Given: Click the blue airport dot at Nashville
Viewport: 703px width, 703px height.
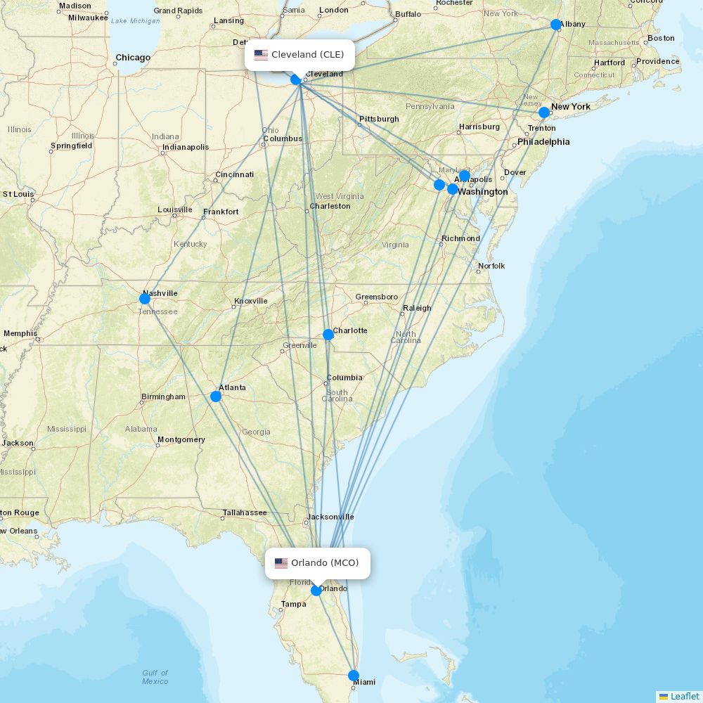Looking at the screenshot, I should [145, 299].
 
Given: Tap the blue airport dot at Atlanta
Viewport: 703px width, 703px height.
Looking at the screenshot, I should [216, 396].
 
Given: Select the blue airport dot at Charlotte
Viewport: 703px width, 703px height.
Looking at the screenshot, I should [328, 335].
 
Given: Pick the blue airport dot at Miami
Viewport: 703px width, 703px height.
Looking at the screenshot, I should [354, 676].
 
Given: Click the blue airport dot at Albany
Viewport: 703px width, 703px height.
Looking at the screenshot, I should [556, 25].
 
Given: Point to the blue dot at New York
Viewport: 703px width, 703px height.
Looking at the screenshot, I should [544, 112].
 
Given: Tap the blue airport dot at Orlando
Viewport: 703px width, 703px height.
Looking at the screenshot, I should [316, 591].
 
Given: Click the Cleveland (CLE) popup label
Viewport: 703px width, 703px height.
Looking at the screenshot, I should [300, 55].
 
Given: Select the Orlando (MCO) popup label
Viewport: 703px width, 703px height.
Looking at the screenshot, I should [318, 563].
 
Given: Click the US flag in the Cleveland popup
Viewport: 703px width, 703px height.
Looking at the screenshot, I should [262, 55].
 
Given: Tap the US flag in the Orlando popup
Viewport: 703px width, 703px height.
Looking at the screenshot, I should [281, 563].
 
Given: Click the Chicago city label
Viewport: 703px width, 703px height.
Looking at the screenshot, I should [133, 58].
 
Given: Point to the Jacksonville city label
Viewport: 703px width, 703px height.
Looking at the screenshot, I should [330, 517].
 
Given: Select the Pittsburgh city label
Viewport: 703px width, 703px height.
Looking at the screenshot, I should [379, 119].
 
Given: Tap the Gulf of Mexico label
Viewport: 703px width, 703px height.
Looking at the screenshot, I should [155, 677].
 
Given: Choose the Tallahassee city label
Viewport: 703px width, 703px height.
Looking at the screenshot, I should [245, 512].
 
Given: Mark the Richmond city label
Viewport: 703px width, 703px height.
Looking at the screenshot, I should [460, 238].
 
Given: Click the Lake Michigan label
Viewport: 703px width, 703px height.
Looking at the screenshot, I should [135, 21].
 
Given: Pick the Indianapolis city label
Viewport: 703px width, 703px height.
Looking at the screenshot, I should [186, 148].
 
